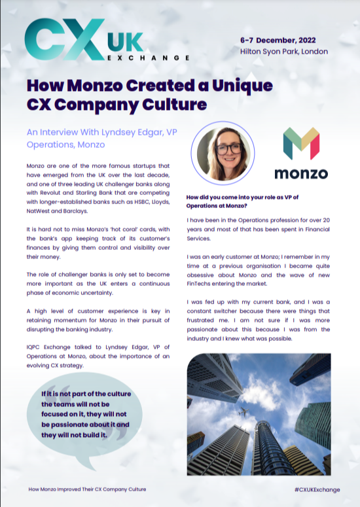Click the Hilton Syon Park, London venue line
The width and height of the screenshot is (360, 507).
283,51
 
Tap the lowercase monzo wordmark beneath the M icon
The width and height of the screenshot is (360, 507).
300,174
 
